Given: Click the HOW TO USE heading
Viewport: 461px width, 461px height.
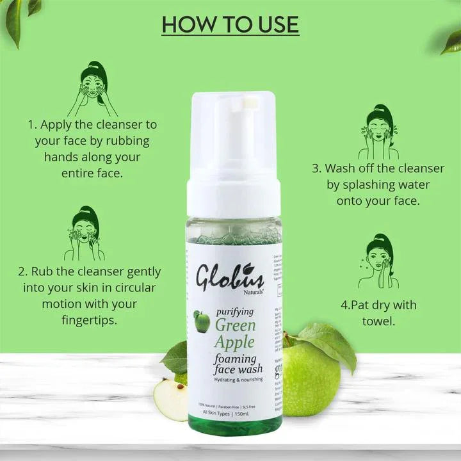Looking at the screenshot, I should point(230,24).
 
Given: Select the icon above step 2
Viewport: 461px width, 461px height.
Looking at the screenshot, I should point(84,233).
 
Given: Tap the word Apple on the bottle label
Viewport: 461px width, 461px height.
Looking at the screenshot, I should point(234,341).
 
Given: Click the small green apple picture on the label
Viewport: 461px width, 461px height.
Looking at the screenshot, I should point(202,321).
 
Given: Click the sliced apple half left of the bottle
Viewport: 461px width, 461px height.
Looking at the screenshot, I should point(171,399).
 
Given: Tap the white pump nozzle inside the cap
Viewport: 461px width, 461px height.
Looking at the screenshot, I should point(248,100).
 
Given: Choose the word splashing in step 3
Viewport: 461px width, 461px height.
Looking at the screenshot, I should point(367,184).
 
